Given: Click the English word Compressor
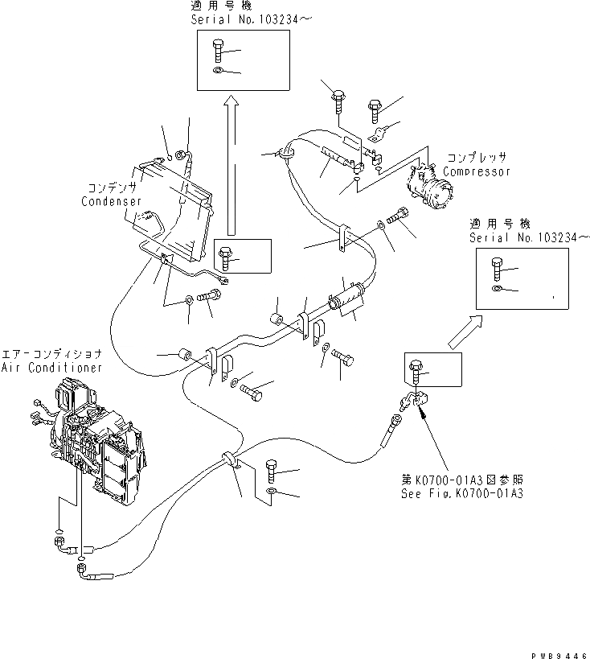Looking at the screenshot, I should click(477, 171).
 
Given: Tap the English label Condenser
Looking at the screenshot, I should click(112, 201).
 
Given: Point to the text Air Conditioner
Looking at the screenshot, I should click(51, 367).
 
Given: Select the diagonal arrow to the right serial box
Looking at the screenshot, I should click(464, 332).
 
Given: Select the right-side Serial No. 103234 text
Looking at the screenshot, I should click(518, 239).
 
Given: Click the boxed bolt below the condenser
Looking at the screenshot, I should click(226, 257).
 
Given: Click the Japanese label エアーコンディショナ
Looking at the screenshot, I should click(51, 354).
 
